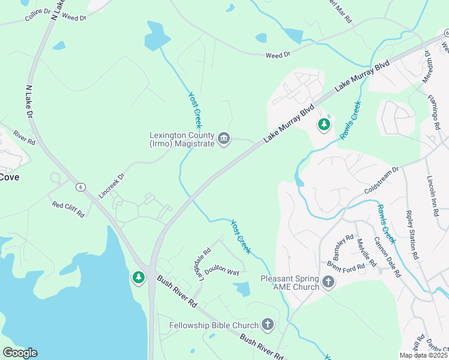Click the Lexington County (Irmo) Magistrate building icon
224,139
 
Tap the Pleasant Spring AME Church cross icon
328,282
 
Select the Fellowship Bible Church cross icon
268,325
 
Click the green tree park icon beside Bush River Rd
139,277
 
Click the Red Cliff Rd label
68,209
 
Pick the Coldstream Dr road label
382,181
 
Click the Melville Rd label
366,253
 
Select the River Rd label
25,139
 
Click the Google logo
19,353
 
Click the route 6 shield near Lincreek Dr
80,187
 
